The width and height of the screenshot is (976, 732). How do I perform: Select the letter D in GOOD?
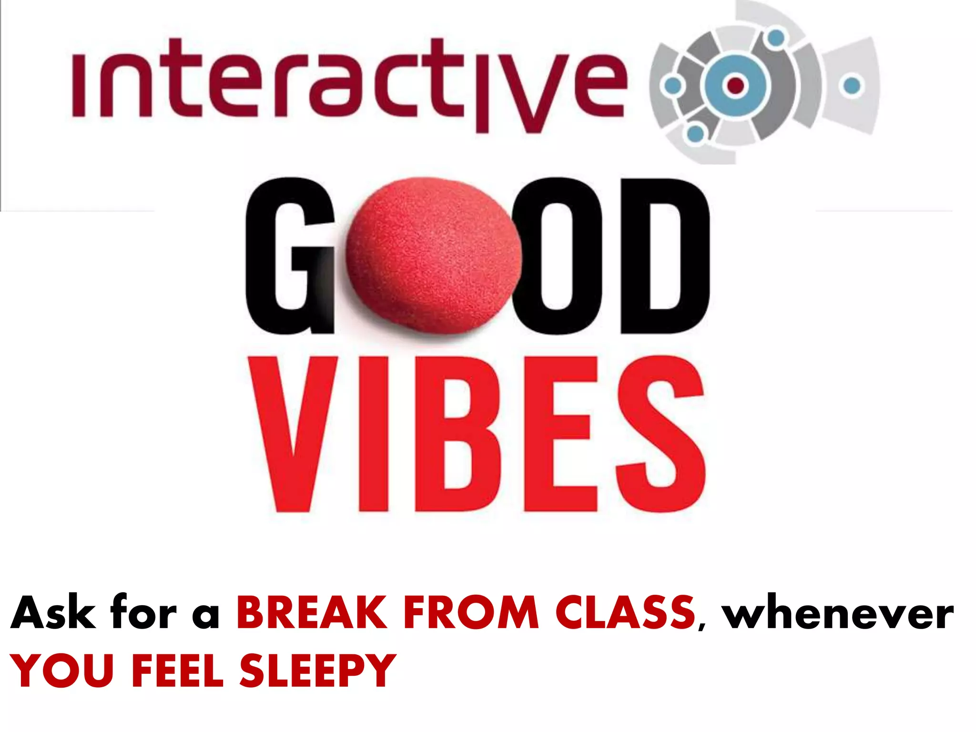665,257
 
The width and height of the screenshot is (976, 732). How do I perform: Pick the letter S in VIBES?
660,434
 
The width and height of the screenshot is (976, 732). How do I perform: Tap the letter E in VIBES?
558,434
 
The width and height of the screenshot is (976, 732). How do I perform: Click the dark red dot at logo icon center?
735,85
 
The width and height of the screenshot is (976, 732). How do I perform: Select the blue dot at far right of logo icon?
852,86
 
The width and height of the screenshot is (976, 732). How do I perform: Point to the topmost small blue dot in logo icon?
776,38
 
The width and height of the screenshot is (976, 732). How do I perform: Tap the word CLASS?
625,614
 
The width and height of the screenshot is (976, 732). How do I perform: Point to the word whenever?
838,615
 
